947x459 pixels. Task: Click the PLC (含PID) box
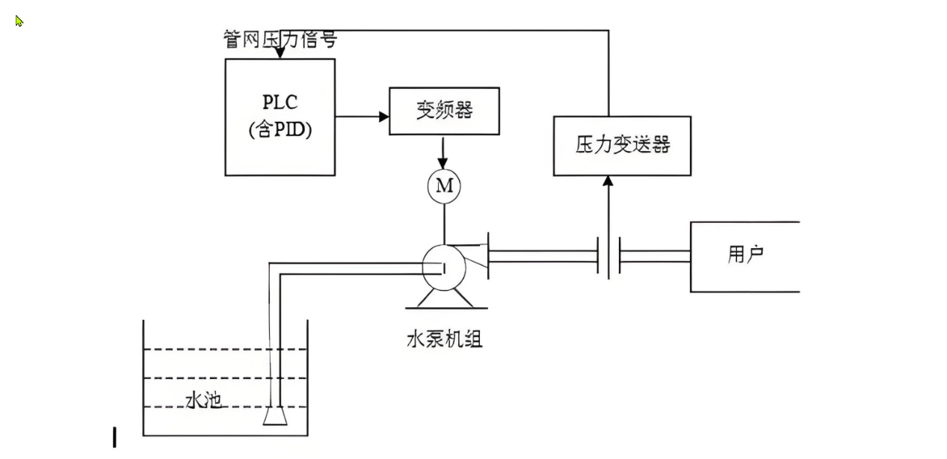280,117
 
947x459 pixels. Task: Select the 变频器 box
444,111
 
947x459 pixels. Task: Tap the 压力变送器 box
622,146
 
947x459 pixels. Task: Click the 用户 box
744,256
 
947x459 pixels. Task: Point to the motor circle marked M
444,186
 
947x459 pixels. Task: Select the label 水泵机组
444,339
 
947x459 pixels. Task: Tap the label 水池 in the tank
203,401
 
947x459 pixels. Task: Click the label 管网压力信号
280,39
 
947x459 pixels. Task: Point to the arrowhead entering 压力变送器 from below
608,181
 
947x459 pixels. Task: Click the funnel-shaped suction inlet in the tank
275,416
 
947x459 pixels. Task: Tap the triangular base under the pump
444,300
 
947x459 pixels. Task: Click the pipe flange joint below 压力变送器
609,257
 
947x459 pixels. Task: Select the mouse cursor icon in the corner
19,21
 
